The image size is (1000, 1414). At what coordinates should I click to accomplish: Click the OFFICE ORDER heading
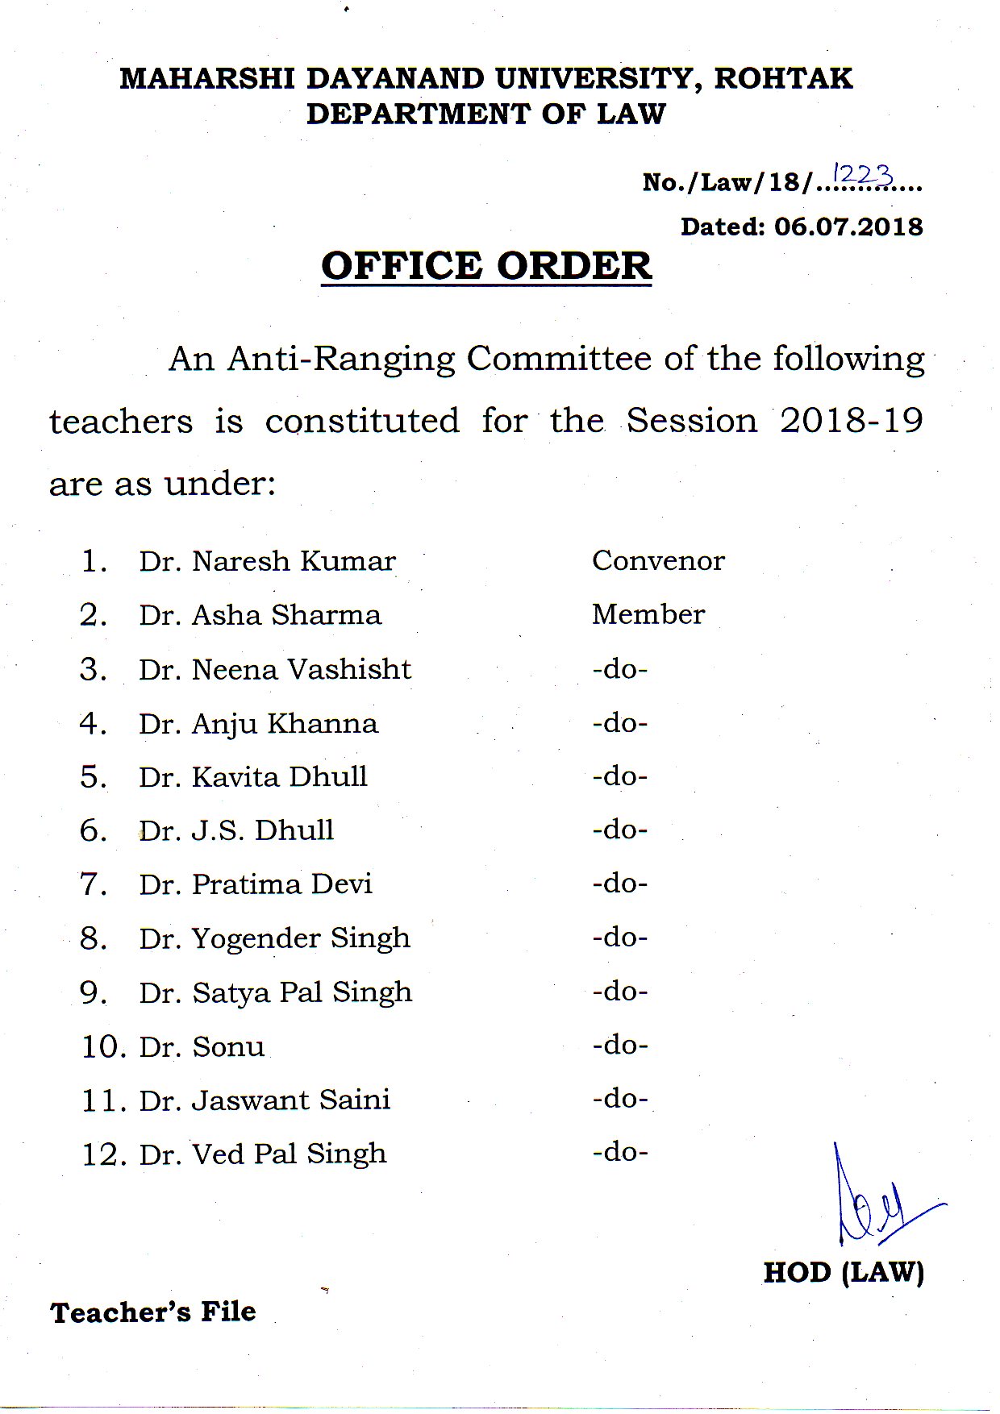pyautogui.click(x=486, y=266)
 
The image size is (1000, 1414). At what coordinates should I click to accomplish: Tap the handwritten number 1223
pyautogui.click(x=863, y=174)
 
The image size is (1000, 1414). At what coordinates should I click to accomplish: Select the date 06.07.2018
pyautogui.click(x=848, y=227)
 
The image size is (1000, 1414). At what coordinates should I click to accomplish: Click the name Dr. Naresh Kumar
pyautogui.click(x=267, y=561)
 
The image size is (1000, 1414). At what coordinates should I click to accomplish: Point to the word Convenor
pyautogui.click(x=658, y=560)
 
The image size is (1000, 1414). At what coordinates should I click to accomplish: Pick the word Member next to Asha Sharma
pyautogui.click(x=648, y=614)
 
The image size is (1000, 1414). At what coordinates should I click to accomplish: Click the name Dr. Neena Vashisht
pyautogui.click(x=275, y=669)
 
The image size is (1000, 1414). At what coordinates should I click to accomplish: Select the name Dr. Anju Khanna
pyautogui.click(x=258, y=724)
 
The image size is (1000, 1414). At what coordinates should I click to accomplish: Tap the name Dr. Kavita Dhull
pyautogui.click(x=253, y=777)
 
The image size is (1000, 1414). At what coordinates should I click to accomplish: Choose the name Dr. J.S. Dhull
pyautogui.click(x=236, y=830)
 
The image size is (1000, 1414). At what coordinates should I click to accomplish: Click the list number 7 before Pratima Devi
pyautogui.click(x=93, y=884)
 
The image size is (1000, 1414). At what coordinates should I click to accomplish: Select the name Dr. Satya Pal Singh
pyautogui.click(x=275, y=992)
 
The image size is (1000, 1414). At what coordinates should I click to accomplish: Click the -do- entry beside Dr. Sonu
pyautogui.click(x=620, y=1046)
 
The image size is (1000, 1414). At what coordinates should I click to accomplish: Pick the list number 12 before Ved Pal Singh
pyautogui.click(x=103, y=1155)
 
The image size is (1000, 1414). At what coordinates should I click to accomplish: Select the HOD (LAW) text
pyautogui.click(x=844, y=1272)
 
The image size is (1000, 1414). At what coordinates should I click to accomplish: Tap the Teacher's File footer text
pyautogui.click(x=153, y=1312)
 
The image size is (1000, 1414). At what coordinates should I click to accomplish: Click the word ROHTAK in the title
pyautogui.click(x=783, y=78)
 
